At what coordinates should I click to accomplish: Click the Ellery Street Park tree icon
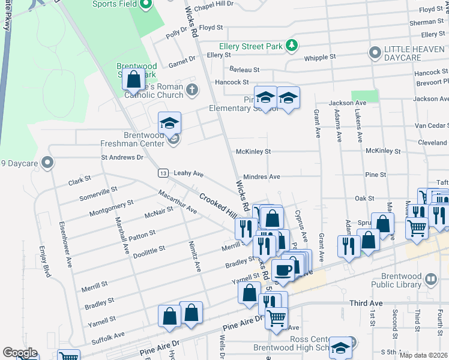(x=292, y=45)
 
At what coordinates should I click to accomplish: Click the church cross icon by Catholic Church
(x=192, y=90)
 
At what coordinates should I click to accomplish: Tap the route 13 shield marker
(x=163, y=173)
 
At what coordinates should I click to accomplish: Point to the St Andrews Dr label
(x=123, y=157)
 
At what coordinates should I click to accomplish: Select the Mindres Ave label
(x=266, y=177)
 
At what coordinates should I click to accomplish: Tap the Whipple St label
(x=320, y=57)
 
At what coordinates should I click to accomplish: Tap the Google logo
(x=20, y=353)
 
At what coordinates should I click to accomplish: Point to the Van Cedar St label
(x=432, y=125)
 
